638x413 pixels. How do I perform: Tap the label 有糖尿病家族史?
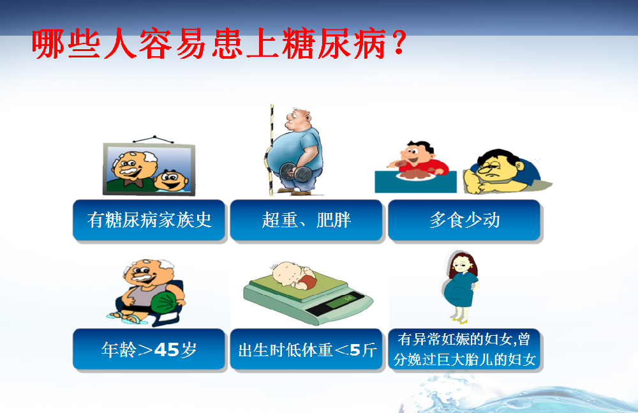click(149, 220)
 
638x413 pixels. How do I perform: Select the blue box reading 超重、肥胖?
click(306, 220)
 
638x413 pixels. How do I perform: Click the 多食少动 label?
click(464, 220)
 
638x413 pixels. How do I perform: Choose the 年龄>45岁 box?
click(149, 349)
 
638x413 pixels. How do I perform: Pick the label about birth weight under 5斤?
click(306, 349)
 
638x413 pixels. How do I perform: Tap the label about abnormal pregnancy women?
click(464, 349)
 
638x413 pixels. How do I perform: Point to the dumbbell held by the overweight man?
click(296, 172)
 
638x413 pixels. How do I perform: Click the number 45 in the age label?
click(167, 350)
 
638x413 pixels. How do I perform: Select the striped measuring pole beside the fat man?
click(271, 150)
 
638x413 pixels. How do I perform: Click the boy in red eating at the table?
click(419, 158)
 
